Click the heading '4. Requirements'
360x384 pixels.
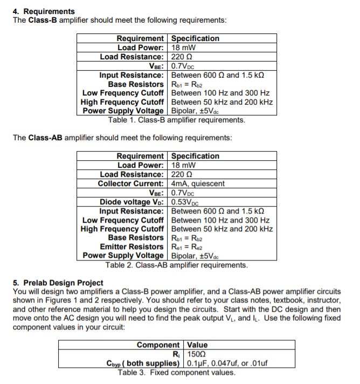[x=44, y=11]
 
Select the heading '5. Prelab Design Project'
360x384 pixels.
[x=58, y=283]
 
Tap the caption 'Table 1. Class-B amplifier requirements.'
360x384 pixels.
[x=176, y=120]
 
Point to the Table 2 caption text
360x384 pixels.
[x=176, y=265]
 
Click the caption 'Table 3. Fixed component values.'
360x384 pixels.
[x=176, y=372]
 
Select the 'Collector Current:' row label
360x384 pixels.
[x=130, y=183]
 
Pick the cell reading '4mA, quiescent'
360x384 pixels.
[x=198, y=183]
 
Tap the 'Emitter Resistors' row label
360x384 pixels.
[x=131, y=246]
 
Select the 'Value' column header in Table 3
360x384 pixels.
[x=197, y=345]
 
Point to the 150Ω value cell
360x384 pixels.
[x=196, y=354]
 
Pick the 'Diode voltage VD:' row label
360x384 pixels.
[x=131, y=202]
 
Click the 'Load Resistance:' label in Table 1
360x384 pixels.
[x=131, y=57]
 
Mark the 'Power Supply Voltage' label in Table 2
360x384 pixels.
[x=123, y=256]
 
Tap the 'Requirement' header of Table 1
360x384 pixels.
[x=140, y=38]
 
